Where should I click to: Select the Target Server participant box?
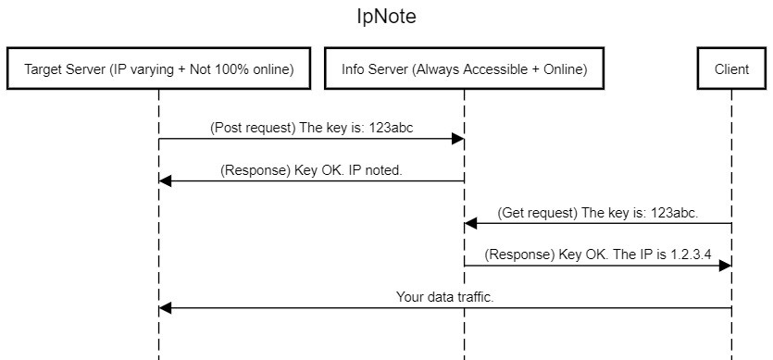click(x=158, y=69)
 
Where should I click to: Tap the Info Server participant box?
click(x=463, y=69)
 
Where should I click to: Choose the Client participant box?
click(x=731, y=69)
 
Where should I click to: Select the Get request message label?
click(x=598, y=212)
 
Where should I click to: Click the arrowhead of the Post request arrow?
click(x=457, y=139)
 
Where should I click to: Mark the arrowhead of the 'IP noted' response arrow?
click(x=165, y=181)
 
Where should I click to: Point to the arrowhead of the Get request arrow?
click(x=470, y=223)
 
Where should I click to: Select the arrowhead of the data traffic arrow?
click(x=165, y=308)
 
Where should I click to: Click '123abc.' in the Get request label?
click(x=675, y=212)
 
